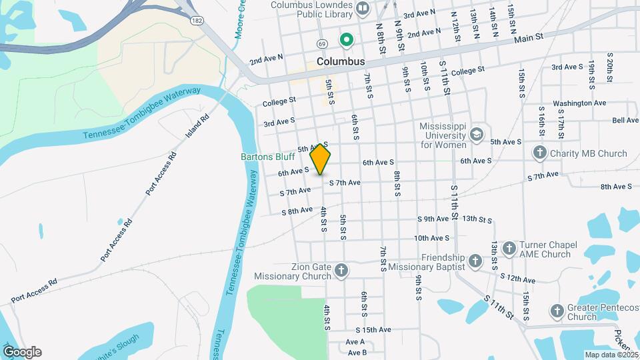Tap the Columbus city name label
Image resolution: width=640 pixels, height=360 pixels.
point(341,61)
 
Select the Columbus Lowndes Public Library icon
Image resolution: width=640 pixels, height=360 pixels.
point(363,9)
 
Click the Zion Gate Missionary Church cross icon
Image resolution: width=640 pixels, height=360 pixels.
point(341,271)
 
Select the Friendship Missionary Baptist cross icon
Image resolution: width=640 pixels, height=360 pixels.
point(475,261)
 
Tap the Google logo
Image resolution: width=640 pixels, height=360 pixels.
point(22,352)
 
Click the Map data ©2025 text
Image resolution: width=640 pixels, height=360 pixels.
point(611,355)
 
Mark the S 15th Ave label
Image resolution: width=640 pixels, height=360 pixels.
point(373,330)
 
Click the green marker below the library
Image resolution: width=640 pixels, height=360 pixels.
point(347,41)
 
